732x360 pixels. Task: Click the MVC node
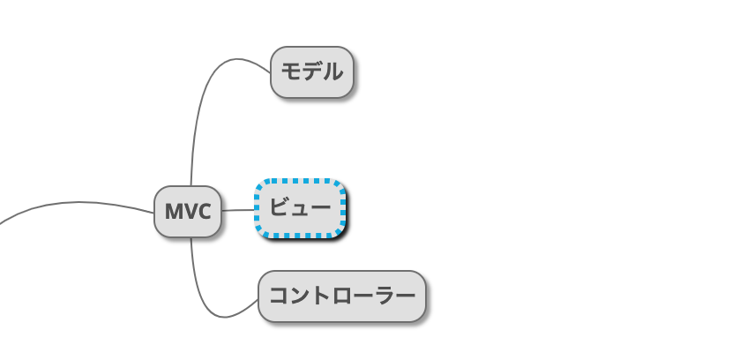click(187, 212)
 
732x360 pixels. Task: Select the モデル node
click(311, 71)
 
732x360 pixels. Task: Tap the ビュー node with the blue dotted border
click(300, 209)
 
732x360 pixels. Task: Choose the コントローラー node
click(341, 296)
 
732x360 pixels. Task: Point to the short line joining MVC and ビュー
click(237, 210)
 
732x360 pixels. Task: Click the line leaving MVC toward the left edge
click(71, 203)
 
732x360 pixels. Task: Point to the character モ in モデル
click(291, 71)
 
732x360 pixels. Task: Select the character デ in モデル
click(311, 71)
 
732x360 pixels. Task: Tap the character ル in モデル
click(332, 71)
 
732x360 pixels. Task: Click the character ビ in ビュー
click(280, 209)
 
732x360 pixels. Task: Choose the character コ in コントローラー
click(279, 296)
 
